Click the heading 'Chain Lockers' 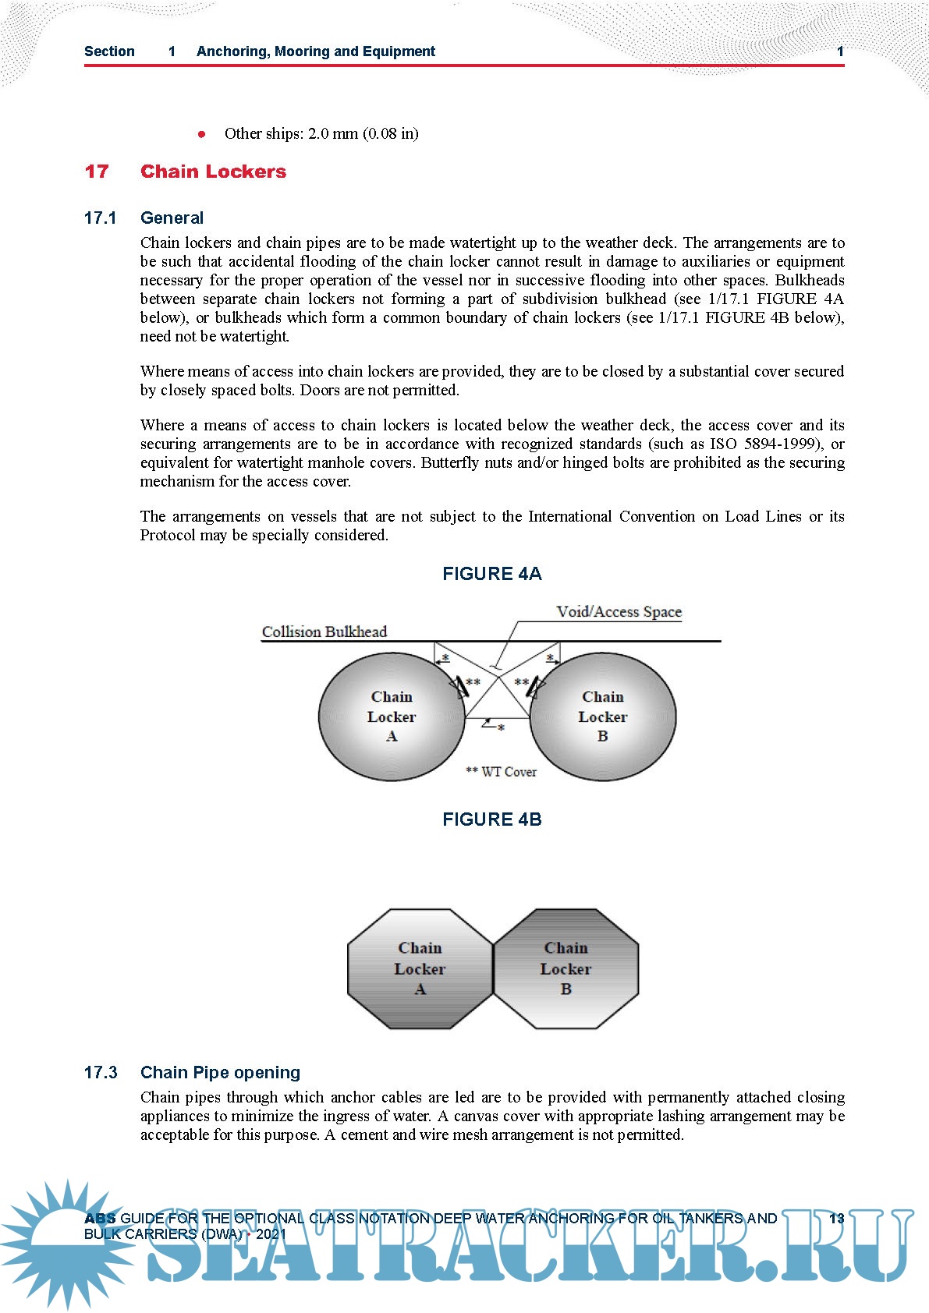coord(213,172)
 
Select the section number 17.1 coord(100,218)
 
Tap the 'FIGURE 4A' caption coord(491,574)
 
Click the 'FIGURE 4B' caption coord(491,819)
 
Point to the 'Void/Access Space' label coord(619,612)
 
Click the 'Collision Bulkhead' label coord(324,632)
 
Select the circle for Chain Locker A coord(367,749)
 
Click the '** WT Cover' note coord(501,772)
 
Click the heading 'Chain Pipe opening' coord(220,1073)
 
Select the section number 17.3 coord(101,1073)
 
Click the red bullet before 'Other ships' coord(202,134)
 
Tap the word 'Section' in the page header coord(109,51)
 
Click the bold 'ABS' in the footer coord(100,1219)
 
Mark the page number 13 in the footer coord(836,1219)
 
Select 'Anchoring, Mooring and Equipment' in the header coord(316,51)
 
